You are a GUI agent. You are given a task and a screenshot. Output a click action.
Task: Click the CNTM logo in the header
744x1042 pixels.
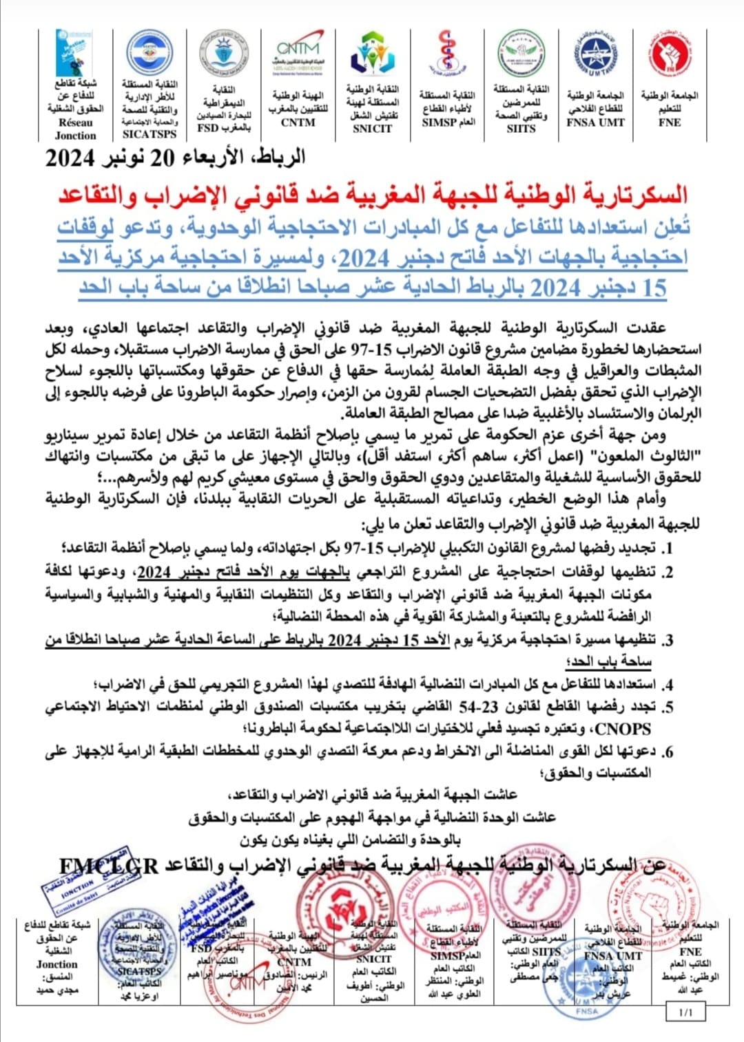click(x=298, y=52)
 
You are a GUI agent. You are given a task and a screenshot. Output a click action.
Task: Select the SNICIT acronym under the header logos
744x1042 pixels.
click(x=372, y=128)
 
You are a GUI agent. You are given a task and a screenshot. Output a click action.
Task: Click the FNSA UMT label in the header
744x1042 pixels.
click(x=595, y=122)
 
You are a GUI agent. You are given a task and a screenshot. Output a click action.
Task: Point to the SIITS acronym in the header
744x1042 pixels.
click(x=521, y=128)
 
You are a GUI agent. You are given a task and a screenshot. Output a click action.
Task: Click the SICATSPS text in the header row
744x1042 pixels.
click(x=149, y=134)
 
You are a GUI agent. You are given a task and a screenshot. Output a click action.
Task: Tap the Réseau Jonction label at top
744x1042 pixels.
click(x=75, y=129)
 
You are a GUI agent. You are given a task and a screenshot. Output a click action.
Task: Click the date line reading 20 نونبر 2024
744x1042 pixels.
click(x=176, y=158)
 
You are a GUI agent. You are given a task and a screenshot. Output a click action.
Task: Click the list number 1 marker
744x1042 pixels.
click(x=667, y=549)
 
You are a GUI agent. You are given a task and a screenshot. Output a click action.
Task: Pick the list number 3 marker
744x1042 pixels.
click(x=667, y=641)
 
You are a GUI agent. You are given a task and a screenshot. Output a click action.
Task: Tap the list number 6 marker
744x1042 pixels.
click(x=667, y=752)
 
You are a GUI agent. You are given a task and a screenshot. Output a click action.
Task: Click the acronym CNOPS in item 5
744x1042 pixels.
click(x=623, y=728)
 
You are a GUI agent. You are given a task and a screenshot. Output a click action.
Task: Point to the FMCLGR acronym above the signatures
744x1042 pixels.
click(x=108, y=865)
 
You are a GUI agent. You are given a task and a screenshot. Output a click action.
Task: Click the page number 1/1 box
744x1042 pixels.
click(x=685, y=1012)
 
